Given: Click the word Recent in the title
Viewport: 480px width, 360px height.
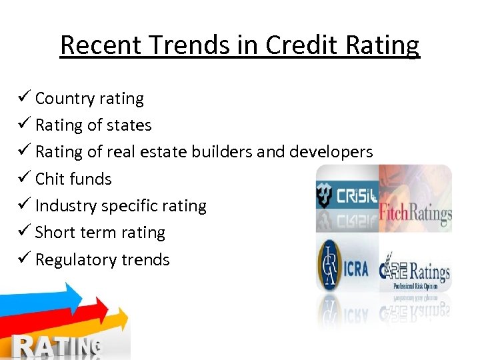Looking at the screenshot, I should coord(100,45).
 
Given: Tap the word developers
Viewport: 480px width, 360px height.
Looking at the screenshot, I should coord(331,152).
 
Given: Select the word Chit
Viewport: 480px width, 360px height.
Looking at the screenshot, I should coord(50,179).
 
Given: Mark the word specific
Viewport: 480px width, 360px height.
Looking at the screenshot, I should coord(132,205).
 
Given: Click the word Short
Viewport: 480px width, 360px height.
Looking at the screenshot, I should coord(55,233).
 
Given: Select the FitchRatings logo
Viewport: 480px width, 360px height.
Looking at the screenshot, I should coord(415,213).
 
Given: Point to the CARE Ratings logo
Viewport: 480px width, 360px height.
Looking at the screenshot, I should coord(415,271).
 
